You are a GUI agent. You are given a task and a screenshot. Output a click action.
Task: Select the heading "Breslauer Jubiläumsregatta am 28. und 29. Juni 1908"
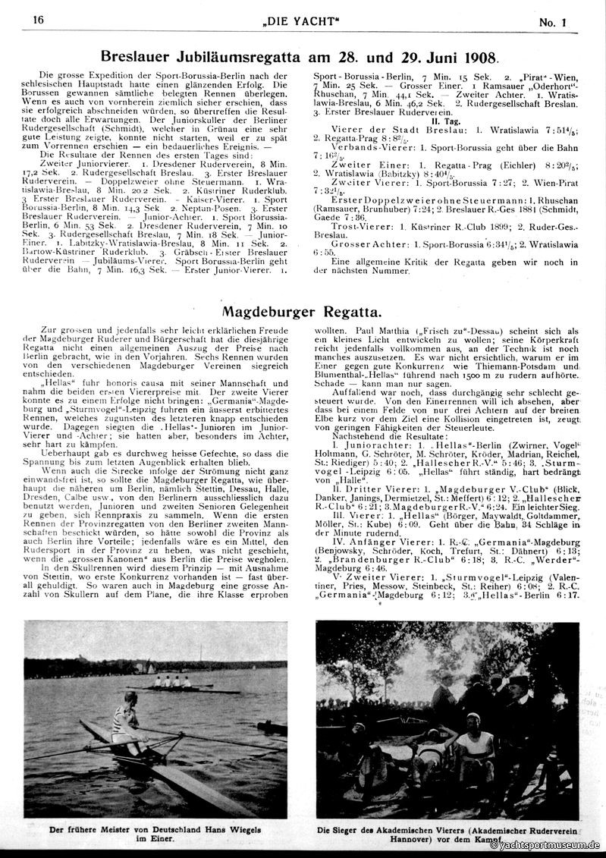pyautogui.click(x=299, y=57)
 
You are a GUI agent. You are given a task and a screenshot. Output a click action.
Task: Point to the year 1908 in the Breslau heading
pyautogui.click(x=478, y=57)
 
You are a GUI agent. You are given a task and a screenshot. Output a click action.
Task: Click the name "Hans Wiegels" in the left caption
pyautogui.click(x=241, y=828)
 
